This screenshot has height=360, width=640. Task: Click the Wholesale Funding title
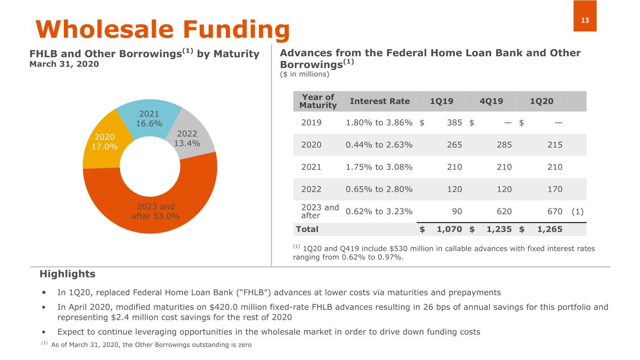pos(163,29)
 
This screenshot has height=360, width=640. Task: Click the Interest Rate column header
pos(380,101)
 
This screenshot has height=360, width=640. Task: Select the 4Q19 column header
pos(491,101)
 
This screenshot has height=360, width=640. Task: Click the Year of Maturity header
pos(318,101)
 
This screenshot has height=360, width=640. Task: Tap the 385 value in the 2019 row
pos(454,122)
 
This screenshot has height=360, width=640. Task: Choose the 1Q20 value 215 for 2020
pos(555,145)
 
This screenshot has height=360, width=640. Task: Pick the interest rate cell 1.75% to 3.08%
pos(379,167)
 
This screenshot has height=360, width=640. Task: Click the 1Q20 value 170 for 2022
pos(555,189)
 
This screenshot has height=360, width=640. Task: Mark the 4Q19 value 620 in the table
pos(504,211)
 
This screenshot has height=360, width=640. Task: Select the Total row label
pos(307,229)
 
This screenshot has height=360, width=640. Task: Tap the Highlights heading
pos(67,274)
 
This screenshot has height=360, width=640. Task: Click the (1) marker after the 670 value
pos(578,211)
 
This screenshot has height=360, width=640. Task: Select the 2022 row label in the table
pos(311,189)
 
